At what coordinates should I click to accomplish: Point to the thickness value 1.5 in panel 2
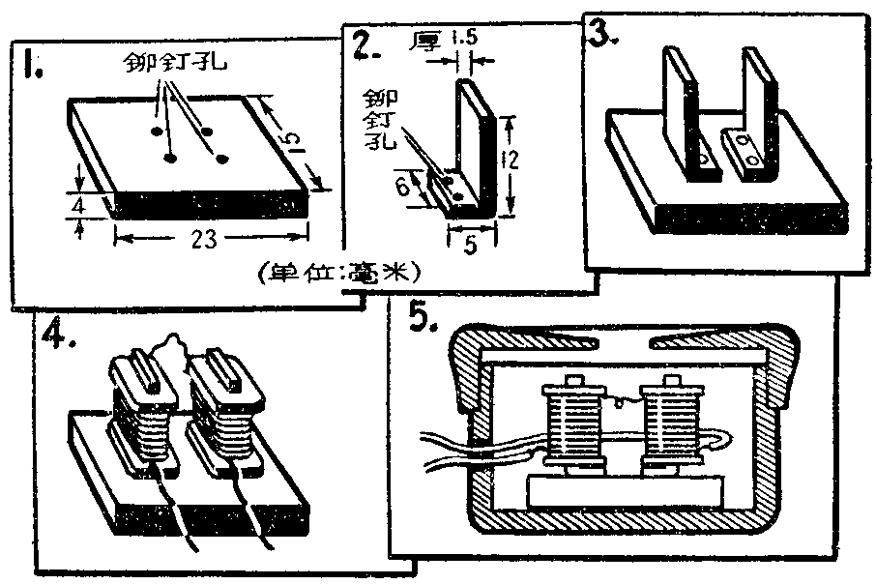[466, 41]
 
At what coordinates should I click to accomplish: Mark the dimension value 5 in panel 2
[471, 246]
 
